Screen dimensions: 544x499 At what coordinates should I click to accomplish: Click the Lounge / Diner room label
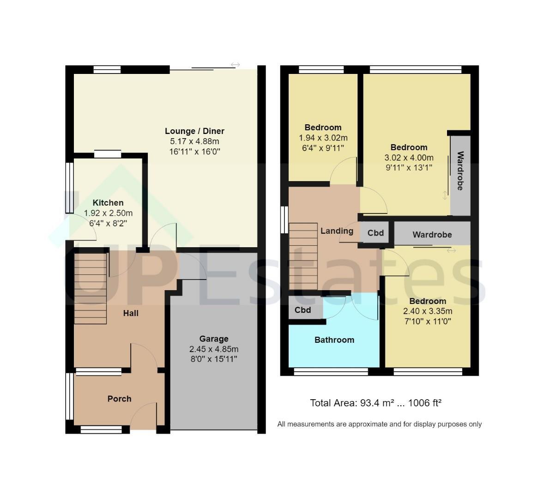point(194,131)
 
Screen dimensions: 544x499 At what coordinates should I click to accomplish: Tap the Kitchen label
point(108,203)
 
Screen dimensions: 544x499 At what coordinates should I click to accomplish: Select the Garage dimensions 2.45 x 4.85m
point(214,349)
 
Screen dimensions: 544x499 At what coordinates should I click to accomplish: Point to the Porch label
point(119,399)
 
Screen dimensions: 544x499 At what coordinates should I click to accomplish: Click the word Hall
point(131,313)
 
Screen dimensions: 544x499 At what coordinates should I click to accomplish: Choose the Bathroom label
point(334,340)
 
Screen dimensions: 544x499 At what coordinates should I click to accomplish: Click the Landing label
point(337,231)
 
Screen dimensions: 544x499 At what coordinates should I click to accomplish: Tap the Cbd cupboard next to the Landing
point(376,232)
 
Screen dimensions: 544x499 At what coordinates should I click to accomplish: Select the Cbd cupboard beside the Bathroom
point(303,310)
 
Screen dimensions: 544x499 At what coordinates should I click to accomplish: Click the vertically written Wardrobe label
point(460,171)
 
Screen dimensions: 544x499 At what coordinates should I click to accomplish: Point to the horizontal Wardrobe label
point(432,235)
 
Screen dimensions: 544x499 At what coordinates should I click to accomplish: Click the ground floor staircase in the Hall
point(90,289)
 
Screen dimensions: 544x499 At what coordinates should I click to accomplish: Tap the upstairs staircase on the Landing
point(303,256)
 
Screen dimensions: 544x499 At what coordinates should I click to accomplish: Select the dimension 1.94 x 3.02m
point(323,138)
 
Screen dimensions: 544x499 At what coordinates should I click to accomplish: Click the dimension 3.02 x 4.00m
point(409,158)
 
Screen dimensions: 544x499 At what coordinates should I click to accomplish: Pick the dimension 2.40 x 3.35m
point(428,311)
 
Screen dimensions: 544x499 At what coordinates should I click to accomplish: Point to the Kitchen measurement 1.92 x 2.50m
point(108,213)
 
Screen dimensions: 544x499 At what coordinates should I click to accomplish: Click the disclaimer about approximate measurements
point(380,424)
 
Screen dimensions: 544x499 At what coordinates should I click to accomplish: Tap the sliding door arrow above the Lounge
point(235,65)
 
